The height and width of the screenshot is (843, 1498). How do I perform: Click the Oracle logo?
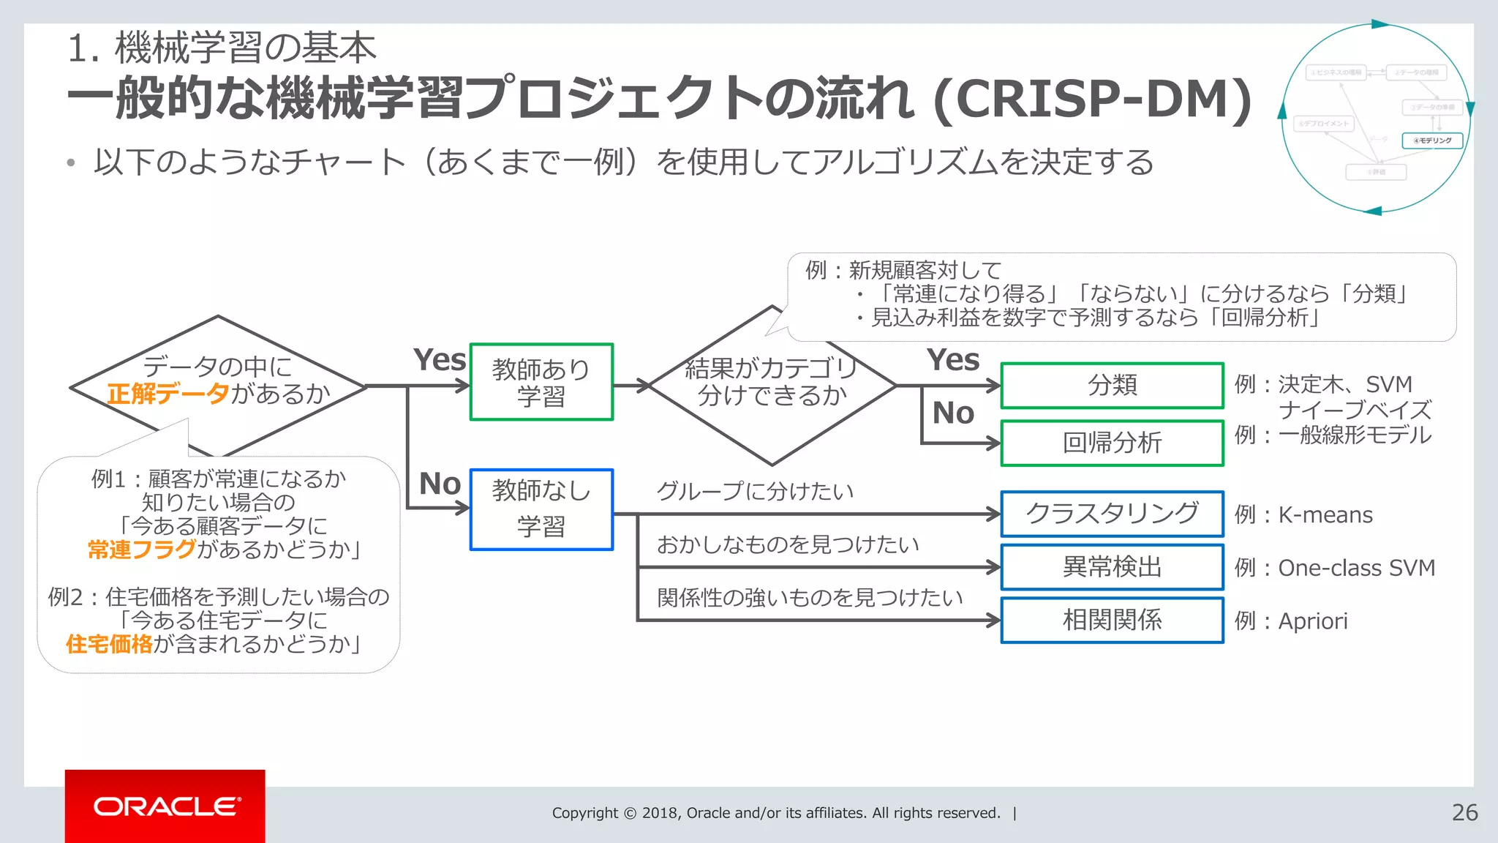(x=166, y=806)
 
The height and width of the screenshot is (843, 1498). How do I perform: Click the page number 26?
(x=1464, y=812)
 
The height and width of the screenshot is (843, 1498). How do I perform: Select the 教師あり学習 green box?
(x=541, y=382)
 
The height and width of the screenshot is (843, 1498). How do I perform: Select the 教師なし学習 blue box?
(x=541, y=509)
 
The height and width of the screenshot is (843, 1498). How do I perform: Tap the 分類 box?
(x=1112, y=385)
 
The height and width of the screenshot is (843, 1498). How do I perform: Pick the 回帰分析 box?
(x=1112, y=443)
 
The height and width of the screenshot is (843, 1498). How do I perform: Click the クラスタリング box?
(x=1112, y=514)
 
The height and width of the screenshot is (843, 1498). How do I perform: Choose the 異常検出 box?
(x=1112, y=567)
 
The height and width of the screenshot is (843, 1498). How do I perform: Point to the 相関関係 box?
(x=1112, y=621)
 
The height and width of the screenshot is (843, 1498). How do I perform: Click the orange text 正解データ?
(x=168, y=394)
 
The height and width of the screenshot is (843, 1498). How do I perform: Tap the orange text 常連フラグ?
(x=142, y=549)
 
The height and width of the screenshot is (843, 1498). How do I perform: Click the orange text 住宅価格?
(x=109, y=644)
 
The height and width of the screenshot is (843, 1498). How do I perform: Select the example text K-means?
(x=1325, y=515)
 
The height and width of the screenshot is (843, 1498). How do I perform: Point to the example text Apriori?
(x=1312, y=621)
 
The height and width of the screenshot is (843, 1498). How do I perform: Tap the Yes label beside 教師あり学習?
(x=439, y=360)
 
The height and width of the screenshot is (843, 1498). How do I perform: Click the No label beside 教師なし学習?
(x=440, y=484)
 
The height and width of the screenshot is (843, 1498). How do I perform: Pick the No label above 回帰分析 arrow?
(x=952, y=413)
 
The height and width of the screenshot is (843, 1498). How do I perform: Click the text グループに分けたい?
(x=755, y=491)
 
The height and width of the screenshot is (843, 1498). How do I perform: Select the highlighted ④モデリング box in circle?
(x=1432, y=140)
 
